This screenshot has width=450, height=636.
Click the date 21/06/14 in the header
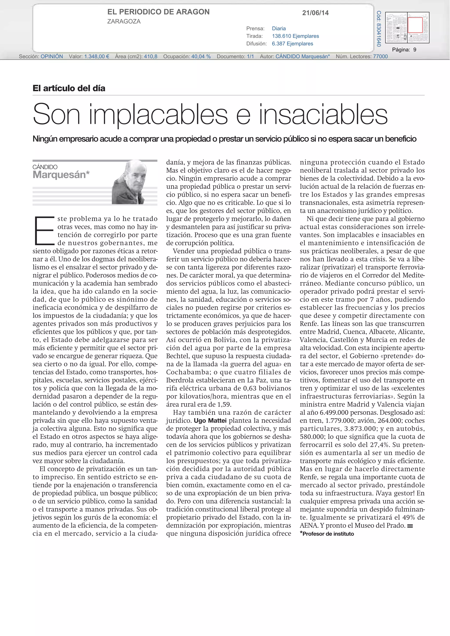315,13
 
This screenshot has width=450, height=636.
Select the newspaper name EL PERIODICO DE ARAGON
158,12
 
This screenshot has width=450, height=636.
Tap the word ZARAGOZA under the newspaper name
124,21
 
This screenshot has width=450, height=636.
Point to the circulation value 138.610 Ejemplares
295,36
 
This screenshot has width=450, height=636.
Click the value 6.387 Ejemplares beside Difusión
292,43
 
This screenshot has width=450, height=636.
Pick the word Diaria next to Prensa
279,28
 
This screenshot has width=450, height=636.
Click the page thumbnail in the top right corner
407,27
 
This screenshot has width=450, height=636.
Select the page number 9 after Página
415,50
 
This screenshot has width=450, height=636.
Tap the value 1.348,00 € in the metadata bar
96,56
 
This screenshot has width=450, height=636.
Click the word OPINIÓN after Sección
52,56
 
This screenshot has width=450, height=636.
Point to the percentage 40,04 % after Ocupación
201,56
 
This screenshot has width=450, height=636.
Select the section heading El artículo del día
69,88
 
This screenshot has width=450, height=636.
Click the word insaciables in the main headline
323,114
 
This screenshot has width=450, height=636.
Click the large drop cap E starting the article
44,231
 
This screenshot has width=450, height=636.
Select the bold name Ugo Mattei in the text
210,420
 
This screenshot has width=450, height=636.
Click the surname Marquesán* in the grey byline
61,175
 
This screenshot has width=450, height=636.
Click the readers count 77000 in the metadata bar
380,56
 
